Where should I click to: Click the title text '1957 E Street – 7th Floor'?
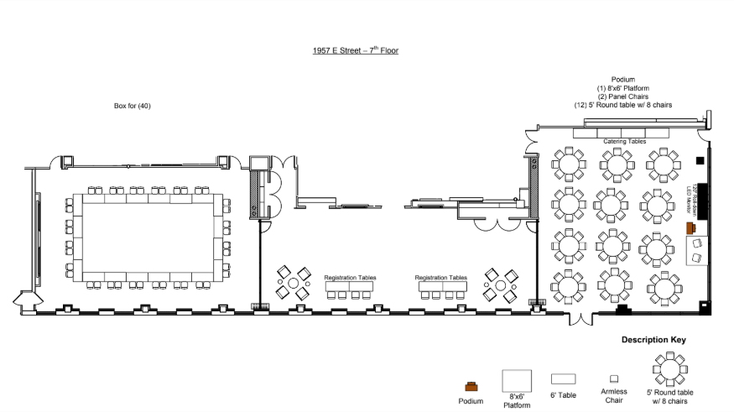click(355, 50)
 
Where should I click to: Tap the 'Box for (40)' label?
click(132, 106)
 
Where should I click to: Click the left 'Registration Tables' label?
click(350, 277)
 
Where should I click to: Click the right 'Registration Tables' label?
click(440, 277)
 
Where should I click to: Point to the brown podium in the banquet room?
click(690, 227)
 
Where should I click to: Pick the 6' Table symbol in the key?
click(563, 379)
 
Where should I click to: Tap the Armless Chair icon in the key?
click(614, 379)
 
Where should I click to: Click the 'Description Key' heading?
click(653, 340)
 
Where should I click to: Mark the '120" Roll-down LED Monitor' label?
click(693, 198)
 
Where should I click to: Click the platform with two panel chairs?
click(697, 250)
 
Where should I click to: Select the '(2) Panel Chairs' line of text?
click(622, 96)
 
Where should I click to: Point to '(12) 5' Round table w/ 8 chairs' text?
click(622, 105)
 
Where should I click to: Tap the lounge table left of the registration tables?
click(294, 284)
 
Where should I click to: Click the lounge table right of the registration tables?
click(500, 285)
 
